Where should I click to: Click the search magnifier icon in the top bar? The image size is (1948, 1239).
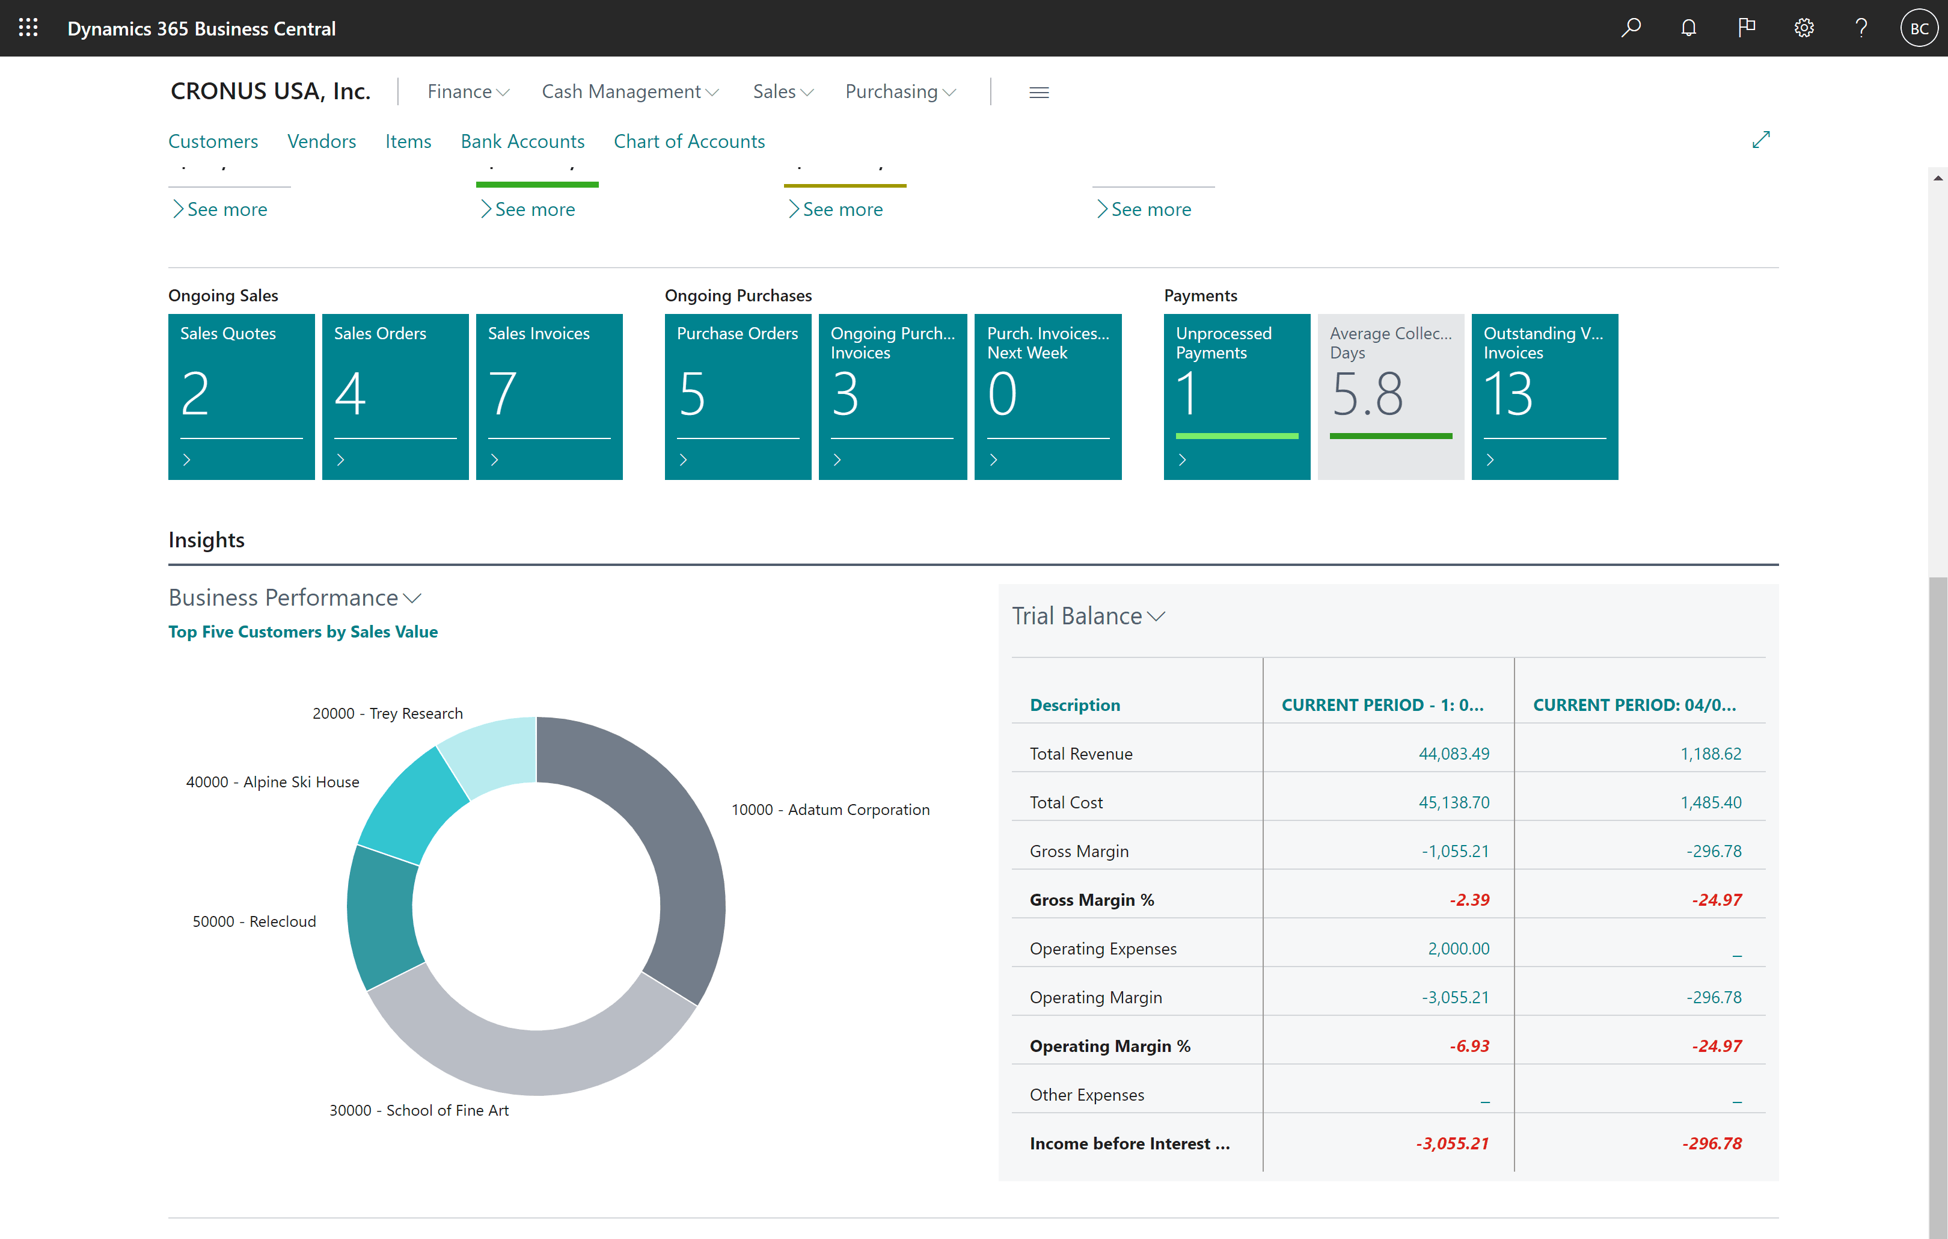point(1631,28)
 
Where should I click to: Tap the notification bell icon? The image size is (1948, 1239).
point(1688,28)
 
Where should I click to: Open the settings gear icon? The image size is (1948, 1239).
point(1804,28)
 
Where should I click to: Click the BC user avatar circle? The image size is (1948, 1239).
point(1919,28)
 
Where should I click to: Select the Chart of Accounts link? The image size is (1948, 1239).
point(689,141)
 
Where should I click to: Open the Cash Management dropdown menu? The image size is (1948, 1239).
point(630,92)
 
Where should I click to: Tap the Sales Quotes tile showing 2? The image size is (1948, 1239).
point(241,396)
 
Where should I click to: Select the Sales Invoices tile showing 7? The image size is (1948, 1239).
point(550,396)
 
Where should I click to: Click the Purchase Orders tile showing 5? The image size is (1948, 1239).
point(738,396)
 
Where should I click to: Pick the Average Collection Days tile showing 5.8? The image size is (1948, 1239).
point(1391,396)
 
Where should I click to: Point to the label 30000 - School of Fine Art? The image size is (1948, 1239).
point(419,1110)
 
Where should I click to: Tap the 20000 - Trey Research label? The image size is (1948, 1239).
point(388,713)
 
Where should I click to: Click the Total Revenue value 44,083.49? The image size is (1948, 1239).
point(1454,754)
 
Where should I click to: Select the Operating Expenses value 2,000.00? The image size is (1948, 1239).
point(1459,948)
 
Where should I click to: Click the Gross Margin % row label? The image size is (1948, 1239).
point(1092,900)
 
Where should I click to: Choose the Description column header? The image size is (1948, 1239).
point(1075,705)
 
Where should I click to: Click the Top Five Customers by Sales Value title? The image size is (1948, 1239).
point(302,632)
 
